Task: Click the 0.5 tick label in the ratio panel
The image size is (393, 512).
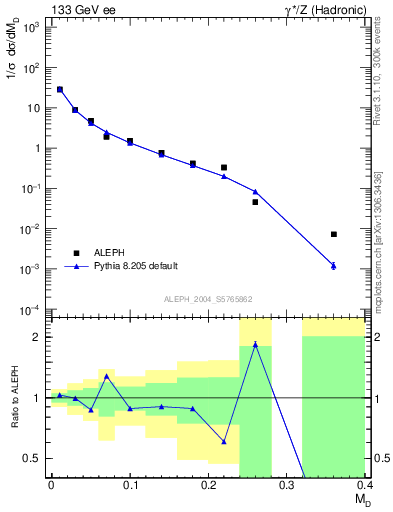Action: coord(35,459)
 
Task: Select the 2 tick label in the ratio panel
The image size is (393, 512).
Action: coord(41,337)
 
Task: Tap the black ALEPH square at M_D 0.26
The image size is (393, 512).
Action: coord(255,202)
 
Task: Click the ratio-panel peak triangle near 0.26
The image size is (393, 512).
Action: coord(255,344)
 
